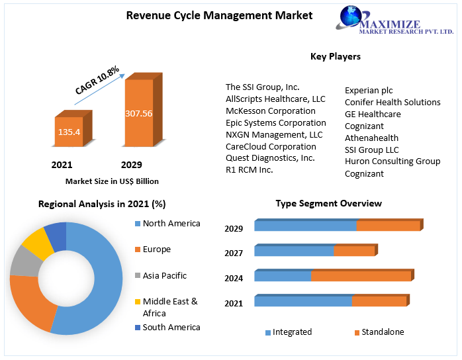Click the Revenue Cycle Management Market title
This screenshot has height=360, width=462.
pyautogui.click(x=219, y=15)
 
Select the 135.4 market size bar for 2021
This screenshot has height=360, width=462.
pyautogui.click(x=69, y=132)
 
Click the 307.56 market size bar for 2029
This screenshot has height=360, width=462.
pyautogui.click(x=138, y=113)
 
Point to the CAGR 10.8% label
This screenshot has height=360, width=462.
pyautogui.click(x=97, y=80)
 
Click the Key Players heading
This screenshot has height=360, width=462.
pyautogui.click(x=336, y=56)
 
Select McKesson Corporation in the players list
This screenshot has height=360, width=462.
pyautogui.click(x=270, y=111)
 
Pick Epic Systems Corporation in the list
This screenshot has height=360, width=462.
pyautogui.click(x=275, y=122)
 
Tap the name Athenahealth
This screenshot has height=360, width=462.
pyautogui.click(x=371, y=138)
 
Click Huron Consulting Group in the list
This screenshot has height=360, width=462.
pyautogui.click(x=392, y=161)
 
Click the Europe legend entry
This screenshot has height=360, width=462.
pyautogui.click(x=156, y=249)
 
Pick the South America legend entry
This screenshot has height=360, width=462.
pyautogui.click(x=171, y=327)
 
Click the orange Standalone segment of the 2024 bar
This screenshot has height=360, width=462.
pyautogui.click(x=361, y=276)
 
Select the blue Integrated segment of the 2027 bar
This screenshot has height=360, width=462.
pyautogui.click(x=294, y=251)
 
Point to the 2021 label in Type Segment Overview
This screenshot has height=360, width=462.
pyautogui.click(x=234, y=303)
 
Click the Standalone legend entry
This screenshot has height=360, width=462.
pyautogui.click(x=382, y=332)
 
